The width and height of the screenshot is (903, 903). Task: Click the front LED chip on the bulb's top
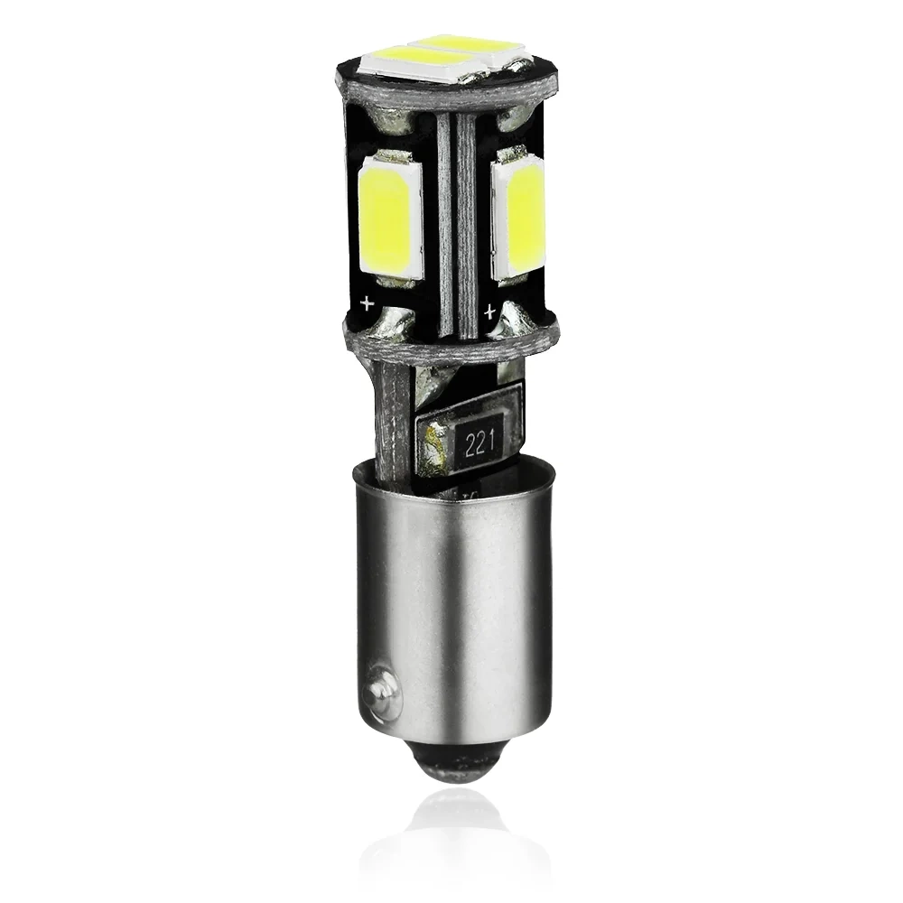(422, 61)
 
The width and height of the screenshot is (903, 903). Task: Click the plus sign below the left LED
(367, 303)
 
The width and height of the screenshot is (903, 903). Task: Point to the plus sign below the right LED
(490, 312)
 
